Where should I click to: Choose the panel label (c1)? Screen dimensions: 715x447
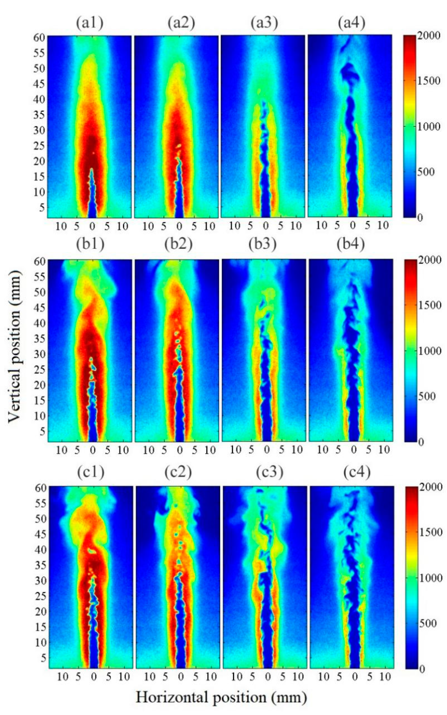(x=91, y=473)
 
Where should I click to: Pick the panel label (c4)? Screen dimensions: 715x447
(x=357, y=473)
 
